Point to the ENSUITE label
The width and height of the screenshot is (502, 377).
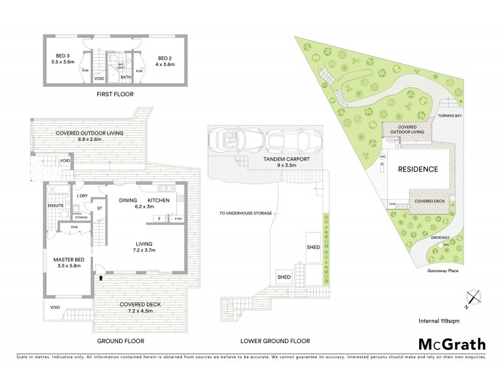point(55,205)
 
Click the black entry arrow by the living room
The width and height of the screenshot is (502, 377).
point(100,277)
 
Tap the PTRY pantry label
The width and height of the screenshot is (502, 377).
point(178,219)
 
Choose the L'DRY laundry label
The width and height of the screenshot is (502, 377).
point(82,196)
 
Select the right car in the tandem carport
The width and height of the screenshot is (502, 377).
point(294,139)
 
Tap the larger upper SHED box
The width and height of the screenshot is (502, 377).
point(312,247)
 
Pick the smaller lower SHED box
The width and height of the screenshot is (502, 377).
point(284,277)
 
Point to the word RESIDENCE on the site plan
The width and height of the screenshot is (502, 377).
point(417,170)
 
